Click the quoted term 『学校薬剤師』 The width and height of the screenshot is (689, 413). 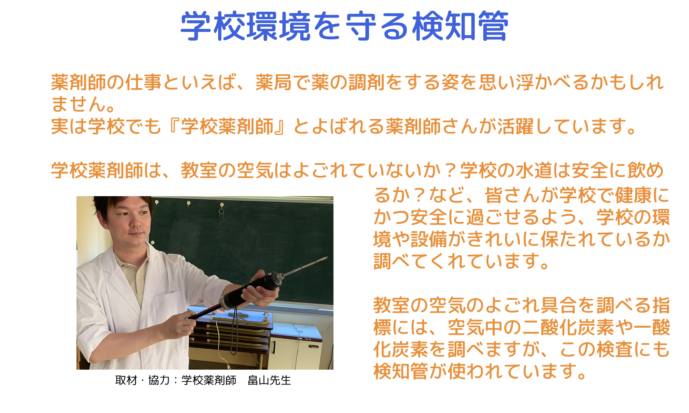click(227, 126)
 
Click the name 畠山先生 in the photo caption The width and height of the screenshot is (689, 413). click(269, 380)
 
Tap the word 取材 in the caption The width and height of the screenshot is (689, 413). click(126, 380)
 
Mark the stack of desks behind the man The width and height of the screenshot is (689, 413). click(231, 330)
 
